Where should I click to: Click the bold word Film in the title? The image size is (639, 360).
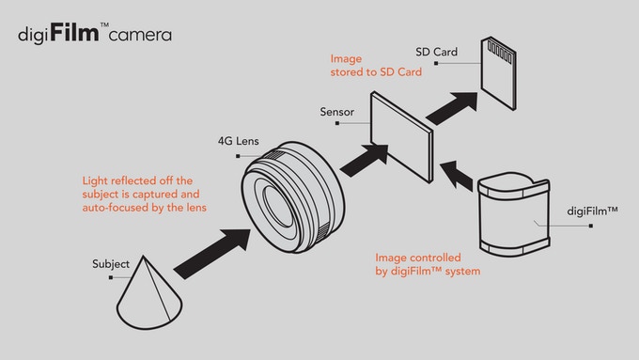74,32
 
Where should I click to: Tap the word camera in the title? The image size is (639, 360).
140,35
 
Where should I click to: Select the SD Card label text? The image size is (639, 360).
436,52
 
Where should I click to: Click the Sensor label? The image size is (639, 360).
337,112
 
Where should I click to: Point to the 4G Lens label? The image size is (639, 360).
239,141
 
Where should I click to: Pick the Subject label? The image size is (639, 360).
111,264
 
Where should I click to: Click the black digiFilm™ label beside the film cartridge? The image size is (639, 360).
593,211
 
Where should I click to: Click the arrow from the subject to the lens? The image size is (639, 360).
212,254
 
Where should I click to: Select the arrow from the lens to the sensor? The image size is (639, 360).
364,160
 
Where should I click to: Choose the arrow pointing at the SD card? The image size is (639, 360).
452,108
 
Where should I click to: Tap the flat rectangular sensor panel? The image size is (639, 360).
402,136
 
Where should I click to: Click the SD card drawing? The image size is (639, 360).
498,73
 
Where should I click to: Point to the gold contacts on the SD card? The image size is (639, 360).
500,52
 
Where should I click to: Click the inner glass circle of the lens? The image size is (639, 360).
279,206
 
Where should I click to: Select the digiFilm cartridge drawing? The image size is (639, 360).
514,214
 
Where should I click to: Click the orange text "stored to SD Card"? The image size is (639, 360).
376,72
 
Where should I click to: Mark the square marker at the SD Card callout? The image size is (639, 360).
436,63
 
